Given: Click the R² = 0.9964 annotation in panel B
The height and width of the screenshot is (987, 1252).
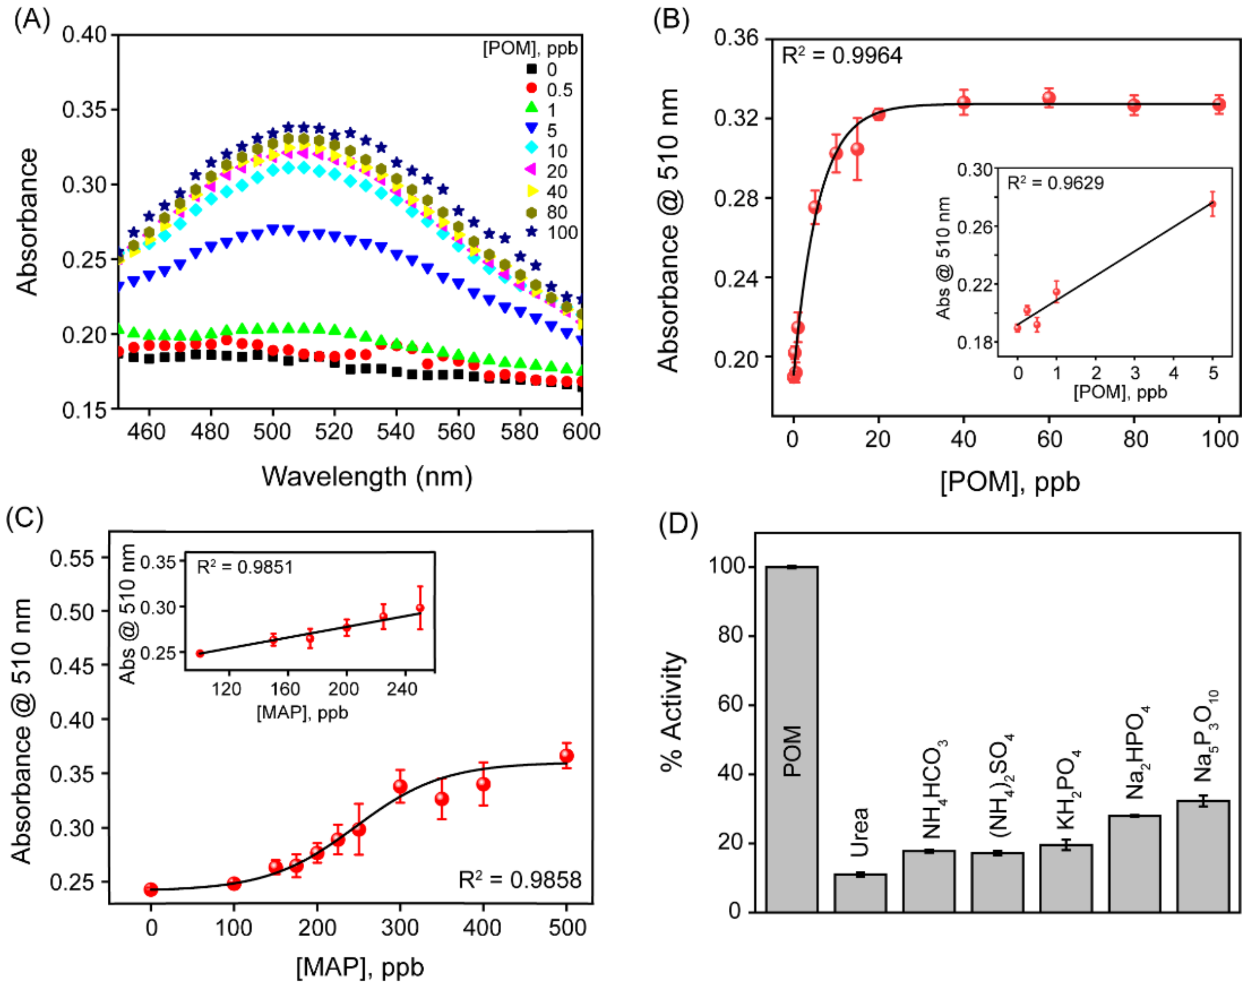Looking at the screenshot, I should point(841,56).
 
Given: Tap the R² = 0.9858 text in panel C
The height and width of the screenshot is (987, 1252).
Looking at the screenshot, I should point(520,880).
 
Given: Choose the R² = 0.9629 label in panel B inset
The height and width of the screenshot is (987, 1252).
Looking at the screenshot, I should point(1055,183).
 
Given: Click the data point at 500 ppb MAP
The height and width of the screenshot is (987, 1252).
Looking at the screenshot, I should point(566,756).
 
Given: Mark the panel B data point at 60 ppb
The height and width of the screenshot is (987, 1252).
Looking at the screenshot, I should point(1049,98).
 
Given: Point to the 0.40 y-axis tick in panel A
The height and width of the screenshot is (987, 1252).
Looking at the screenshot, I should point(84,35).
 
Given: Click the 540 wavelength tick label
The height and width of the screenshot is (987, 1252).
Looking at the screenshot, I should point(396,432).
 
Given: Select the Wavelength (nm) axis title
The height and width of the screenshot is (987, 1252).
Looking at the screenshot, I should point(367,477).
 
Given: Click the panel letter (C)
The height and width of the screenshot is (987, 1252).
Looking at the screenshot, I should point(24,518).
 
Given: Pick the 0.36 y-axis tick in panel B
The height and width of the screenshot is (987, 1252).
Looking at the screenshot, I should point(736,38).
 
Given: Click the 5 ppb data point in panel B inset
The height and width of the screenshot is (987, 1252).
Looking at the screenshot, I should point(1212,204).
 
